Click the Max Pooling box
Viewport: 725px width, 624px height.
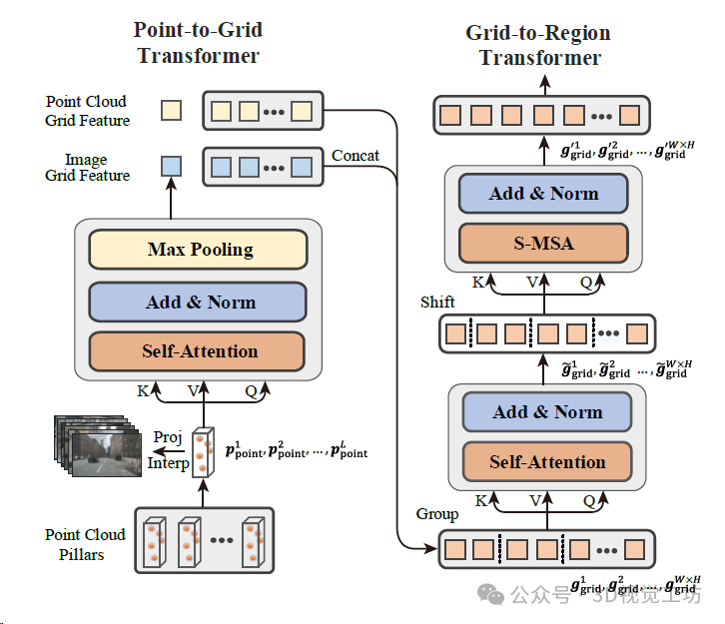[198, 250]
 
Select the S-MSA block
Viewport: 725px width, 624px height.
[543, 242]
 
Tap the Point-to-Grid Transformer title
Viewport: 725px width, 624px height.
[198, 43]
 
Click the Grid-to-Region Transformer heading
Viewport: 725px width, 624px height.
[539, 45]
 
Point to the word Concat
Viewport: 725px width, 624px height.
[355, 155]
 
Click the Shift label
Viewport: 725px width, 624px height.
[437, 302]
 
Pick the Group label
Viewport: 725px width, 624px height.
[436, 514]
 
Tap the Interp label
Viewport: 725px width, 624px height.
[169, 463]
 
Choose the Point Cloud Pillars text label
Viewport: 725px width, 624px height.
[85, 544]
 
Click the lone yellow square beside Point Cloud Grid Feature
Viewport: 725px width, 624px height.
[172, 110]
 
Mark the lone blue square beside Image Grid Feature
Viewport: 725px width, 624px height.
[172, 166]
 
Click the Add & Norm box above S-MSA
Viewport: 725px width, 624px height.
[543, 194]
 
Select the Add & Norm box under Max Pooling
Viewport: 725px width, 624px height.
[198, 302]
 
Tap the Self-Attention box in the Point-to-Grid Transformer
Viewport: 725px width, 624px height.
[198, 351]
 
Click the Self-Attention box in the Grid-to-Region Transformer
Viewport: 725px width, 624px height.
[547, 462]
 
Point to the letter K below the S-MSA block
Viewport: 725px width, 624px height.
[478, 283]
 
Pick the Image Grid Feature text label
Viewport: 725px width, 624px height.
[88, 167]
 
